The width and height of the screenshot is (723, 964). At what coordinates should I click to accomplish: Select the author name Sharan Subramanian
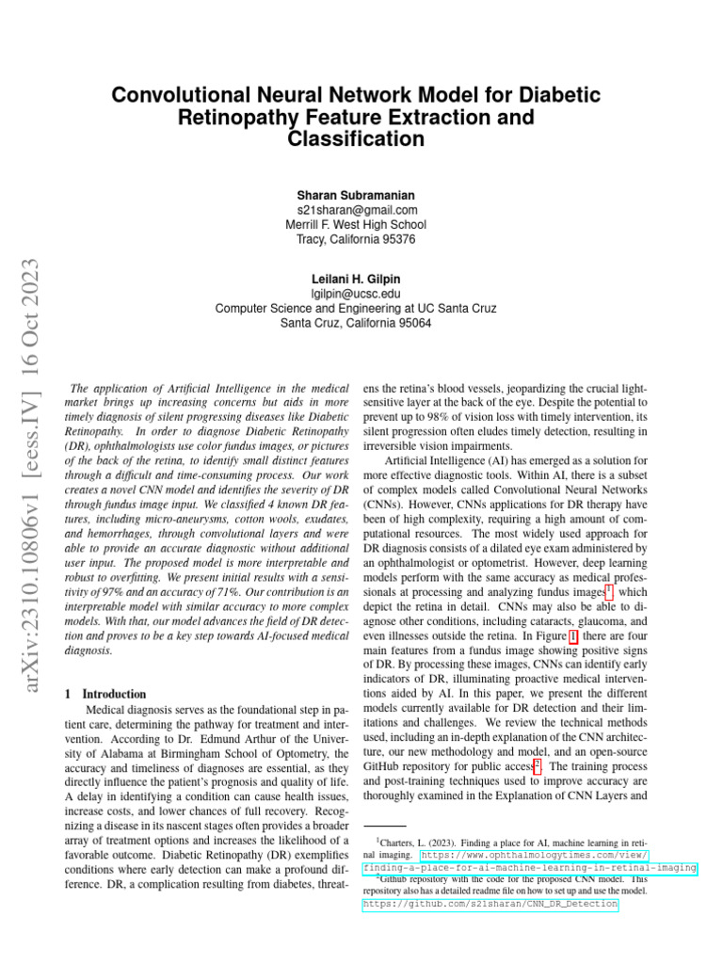pos(356,195)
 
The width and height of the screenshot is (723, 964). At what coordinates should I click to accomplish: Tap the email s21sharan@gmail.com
pos(356,210)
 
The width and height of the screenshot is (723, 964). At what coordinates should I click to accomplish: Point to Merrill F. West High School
pos(356,225)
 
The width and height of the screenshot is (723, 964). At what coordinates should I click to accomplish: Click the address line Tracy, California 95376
pos(356,240)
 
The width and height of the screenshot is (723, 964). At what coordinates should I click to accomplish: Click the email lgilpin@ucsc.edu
pos(356,293)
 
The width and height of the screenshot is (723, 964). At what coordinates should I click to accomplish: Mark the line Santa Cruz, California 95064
pos(356,323)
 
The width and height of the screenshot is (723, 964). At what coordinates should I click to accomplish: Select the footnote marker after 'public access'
pos(537,765)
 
